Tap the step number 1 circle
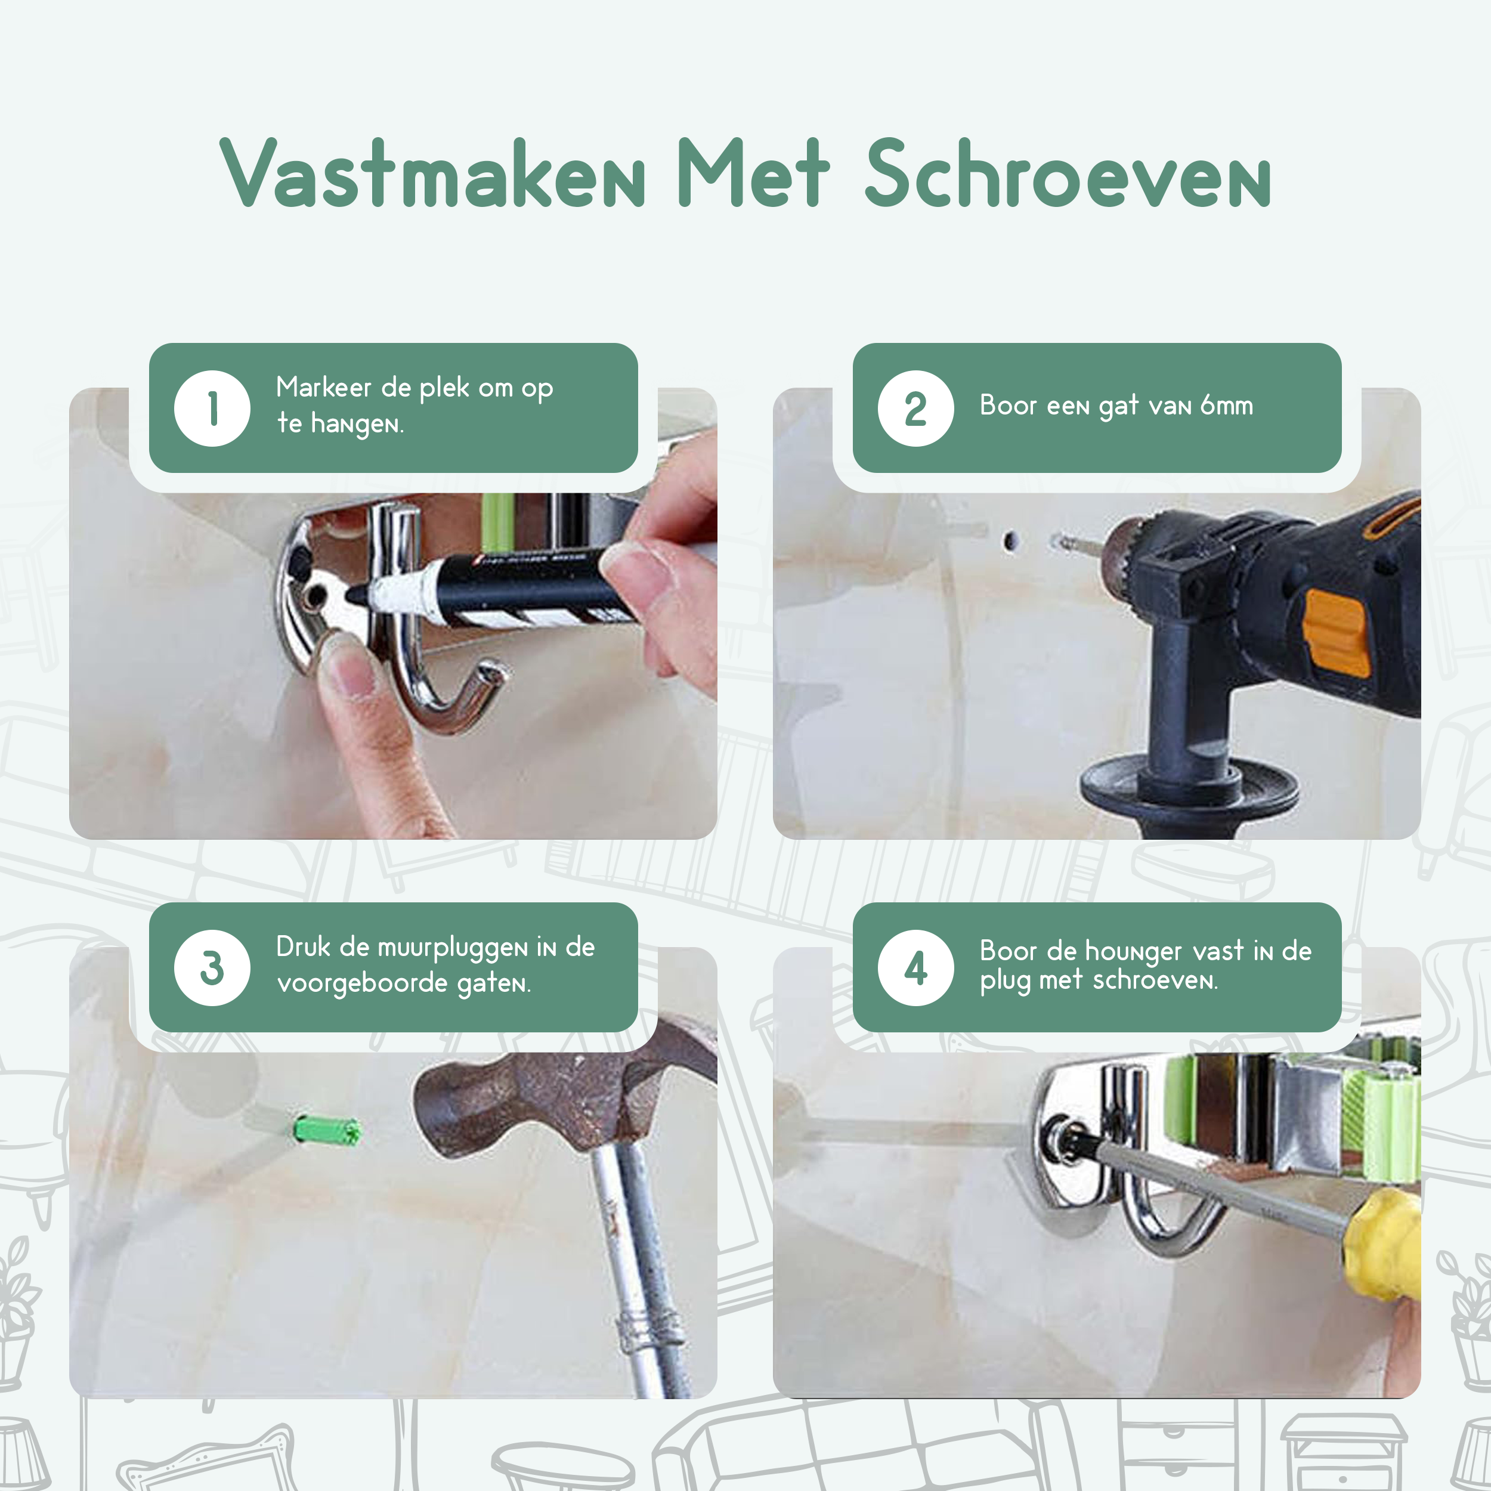pos(212,409)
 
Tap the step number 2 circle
pos(916,409)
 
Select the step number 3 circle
pos(212,968)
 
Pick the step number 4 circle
pos(916,968)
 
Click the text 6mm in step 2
pos(1226,405)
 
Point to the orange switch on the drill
pos(1336,633)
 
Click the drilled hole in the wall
pos(1010,541)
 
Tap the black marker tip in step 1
pos(357,594)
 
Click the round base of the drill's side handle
pos(1189,787)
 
